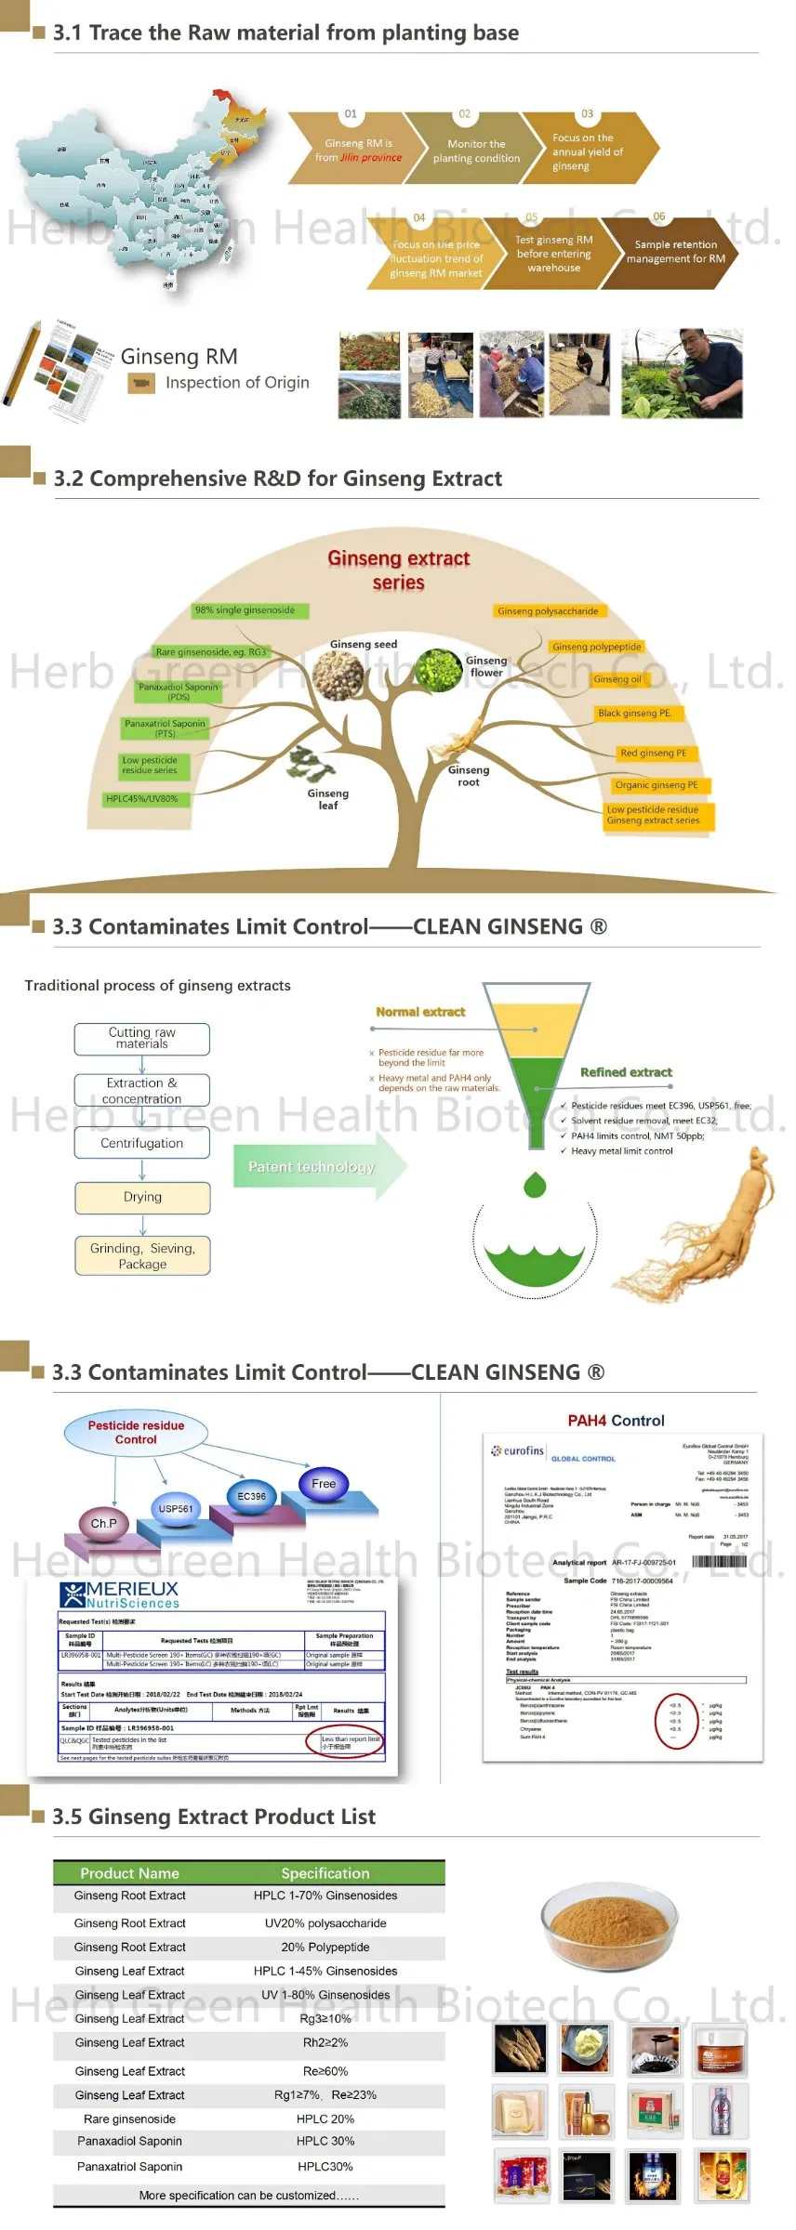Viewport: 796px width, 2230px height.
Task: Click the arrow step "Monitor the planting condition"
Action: click(x=475, y=151)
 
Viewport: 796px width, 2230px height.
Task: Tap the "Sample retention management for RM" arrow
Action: click(x=675, y=252)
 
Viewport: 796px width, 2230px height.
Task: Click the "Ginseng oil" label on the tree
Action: click(x=617, y=679)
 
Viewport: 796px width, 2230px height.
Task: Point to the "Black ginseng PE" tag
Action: click(x=635, y=714)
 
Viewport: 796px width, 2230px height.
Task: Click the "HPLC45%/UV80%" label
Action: click(x=141, y=799)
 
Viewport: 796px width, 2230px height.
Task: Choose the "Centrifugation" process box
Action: click(x=142, y=1144)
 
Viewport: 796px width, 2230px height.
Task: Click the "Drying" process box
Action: click(x=142, y=1198)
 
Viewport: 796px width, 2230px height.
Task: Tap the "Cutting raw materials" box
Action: click(x=142, y=1039)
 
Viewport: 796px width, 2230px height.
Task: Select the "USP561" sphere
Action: click(x=176, y=1509)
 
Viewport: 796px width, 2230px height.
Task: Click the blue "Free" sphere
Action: click(x=324, y=1484)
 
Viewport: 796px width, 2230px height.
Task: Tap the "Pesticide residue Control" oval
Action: click(x=136, y=1433)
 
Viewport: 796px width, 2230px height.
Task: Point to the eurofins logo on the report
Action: click(x=519, y=1450)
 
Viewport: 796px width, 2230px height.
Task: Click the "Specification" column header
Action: click(x=325, y=1873)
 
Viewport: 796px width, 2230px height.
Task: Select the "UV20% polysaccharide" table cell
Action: click(x=325, y=1923)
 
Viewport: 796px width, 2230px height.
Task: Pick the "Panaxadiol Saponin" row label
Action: click(x=130, y=2141)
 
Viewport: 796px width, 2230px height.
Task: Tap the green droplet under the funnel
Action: click(x=535, y=1185)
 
